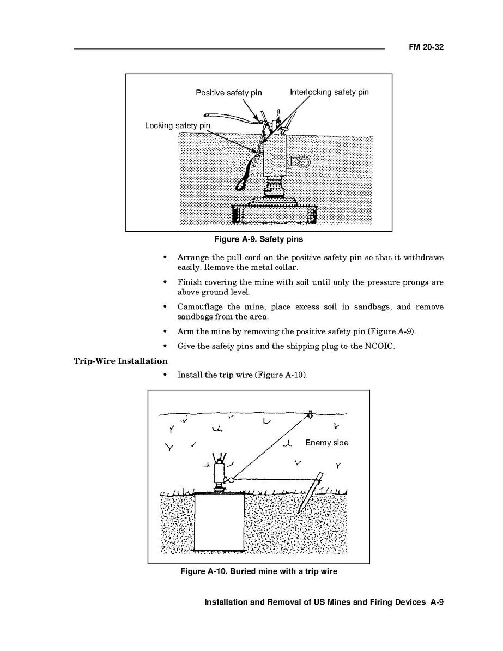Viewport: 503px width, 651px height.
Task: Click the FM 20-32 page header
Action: [426, 47]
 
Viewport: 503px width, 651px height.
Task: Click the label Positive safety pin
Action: [228, 93]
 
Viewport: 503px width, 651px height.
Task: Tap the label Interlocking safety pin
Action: [329, 92]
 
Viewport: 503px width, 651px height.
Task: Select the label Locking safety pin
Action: [177, 125]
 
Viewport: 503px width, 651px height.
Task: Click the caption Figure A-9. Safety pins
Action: [259, 239]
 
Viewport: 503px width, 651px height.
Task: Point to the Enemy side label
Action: [326, 443]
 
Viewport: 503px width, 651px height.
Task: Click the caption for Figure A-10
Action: [259, 571]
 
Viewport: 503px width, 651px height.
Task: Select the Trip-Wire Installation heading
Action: [120, 361]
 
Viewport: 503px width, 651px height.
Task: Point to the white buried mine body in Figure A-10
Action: [219, 521]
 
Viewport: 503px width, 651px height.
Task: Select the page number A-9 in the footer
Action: [437, 602]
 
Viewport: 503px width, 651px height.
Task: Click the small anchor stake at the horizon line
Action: [309, 414]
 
